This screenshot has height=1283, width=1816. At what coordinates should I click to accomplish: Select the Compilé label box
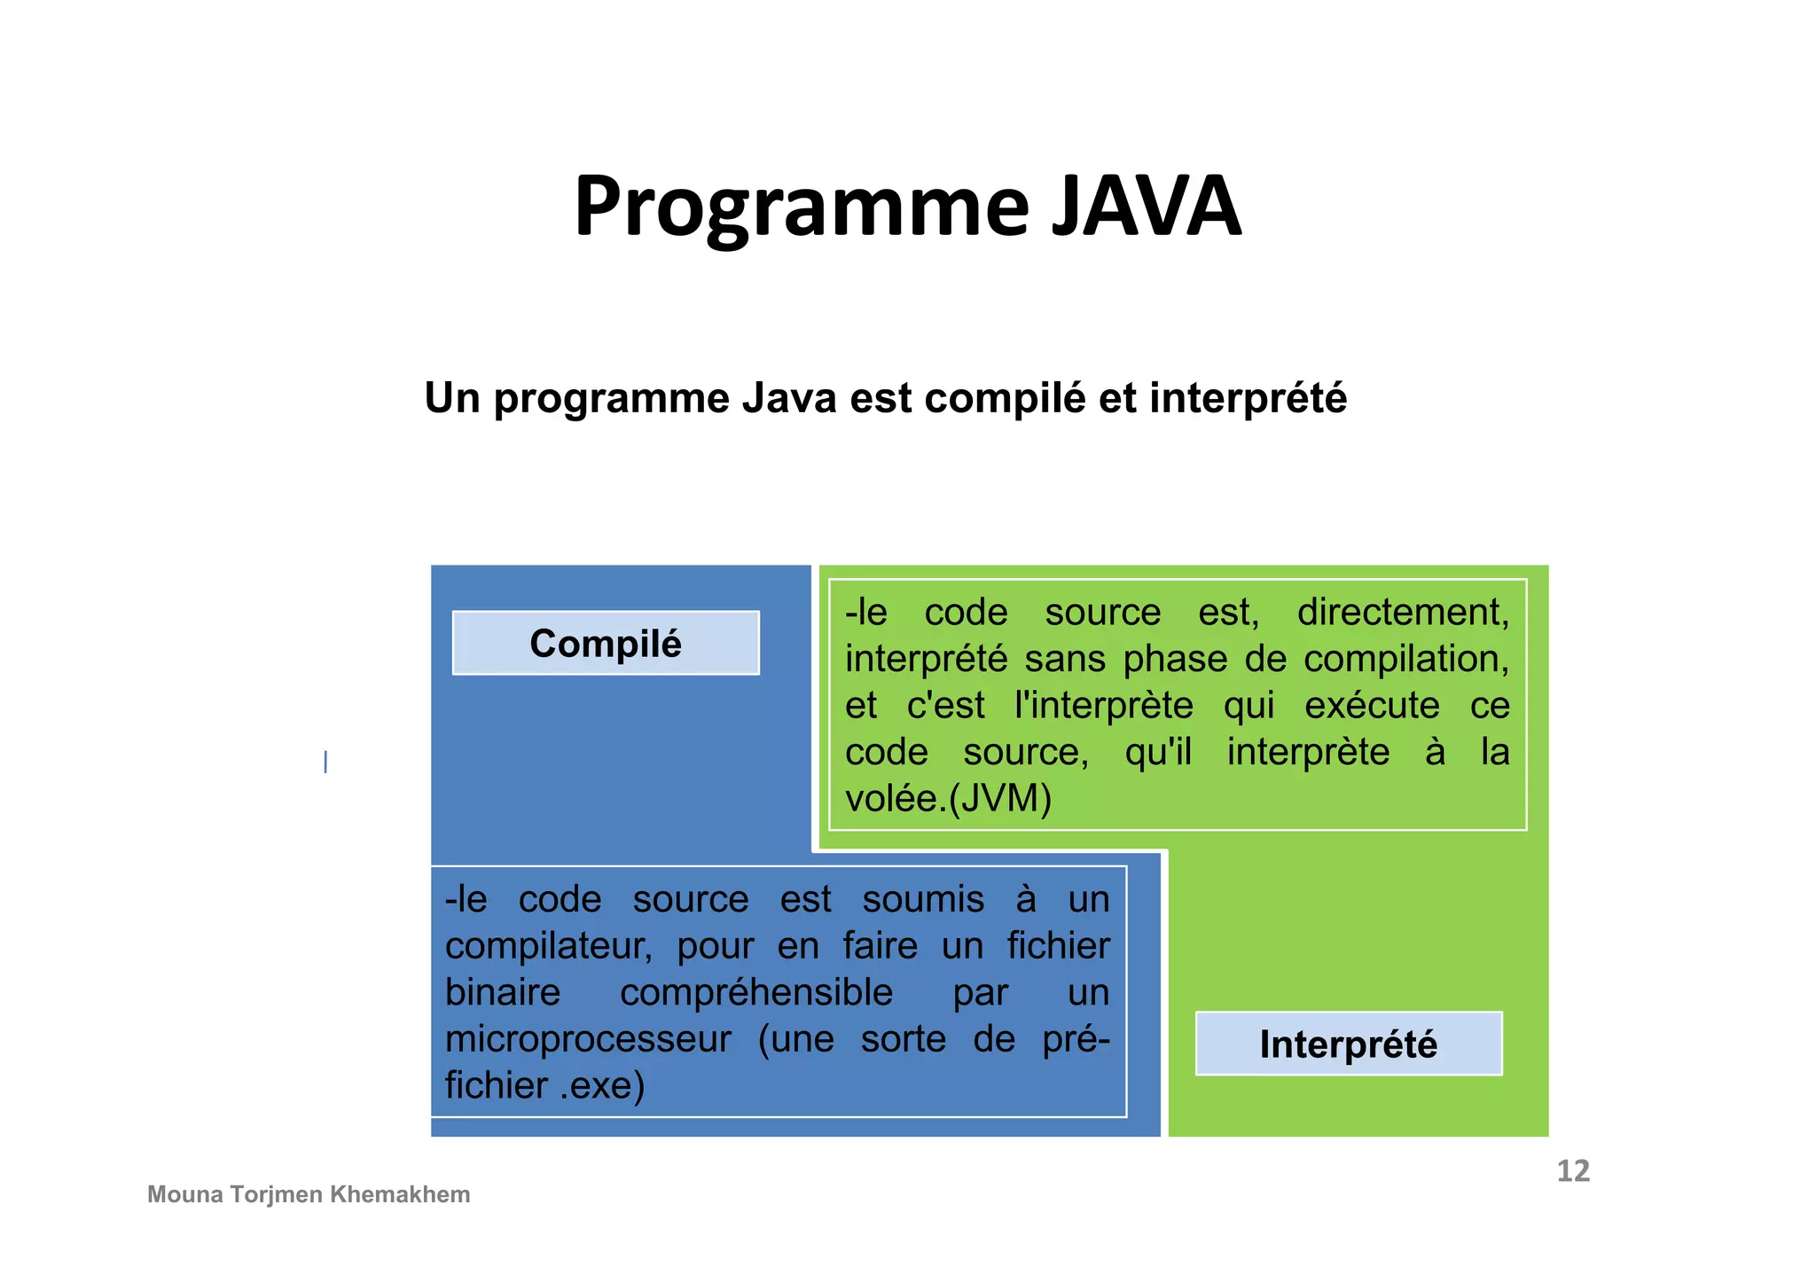click(606, 643)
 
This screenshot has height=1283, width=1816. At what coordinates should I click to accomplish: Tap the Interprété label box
click(1348, 1044)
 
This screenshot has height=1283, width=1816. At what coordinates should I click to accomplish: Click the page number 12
click(1573, 1170)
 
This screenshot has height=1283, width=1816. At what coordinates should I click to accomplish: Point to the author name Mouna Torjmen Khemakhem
click(309, 1194)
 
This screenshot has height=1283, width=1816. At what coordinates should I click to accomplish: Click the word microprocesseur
click(588, 1039)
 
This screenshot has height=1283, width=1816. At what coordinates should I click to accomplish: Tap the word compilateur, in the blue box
click(548, 946)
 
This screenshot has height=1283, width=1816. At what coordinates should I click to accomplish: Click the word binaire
click(502, 992)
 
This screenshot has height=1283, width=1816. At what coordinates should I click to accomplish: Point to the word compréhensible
click(755, 992)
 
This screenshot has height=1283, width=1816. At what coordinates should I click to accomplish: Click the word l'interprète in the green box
click(1103, 706)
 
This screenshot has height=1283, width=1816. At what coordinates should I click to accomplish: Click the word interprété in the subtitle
click(1248, 398)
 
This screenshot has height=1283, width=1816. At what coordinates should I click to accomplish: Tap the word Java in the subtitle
click(789, 398)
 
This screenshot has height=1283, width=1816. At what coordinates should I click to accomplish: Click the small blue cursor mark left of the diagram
click(325, 762)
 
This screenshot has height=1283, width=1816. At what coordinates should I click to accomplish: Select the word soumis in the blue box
click(923, 899)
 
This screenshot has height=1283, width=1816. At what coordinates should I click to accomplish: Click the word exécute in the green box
click(1372, 706)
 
